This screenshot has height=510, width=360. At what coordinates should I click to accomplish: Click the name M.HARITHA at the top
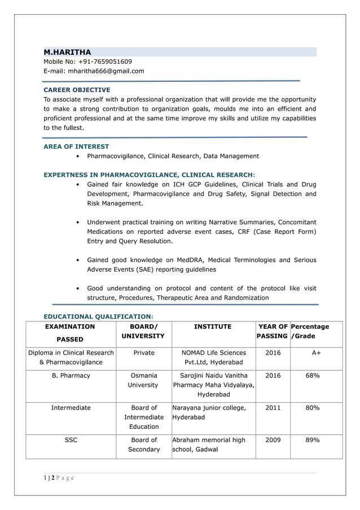point(67,52)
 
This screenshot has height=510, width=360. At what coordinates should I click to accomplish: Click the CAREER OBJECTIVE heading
point(77,90)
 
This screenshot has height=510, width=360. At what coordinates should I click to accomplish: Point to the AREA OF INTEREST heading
point(76,146)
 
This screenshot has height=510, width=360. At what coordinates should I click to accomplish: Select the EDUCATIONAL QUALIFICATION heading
point(98,317)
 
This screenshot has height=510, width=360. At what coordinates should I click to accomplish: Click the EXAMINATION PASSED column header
point(70,333)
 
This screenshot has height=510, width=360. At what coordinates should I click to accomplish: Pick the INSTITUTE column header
point(213,326)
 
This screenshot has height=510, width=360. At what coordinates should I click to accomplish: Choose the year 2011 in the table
point(273,407)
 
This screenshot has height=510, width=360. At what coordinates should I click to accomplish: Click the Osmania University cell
point(143,380)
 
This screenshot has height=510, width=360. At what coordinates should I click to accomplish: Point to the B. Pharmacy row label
point(70,375)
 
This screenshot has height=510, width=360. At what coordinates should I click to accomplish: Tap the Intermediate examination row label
point(71,407)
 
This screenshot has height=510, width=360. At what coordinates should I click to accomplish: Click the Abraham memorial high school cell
point(209,444)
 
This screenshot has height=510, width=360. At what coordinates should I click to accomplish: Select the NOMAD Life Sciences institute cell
point(213,358)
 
